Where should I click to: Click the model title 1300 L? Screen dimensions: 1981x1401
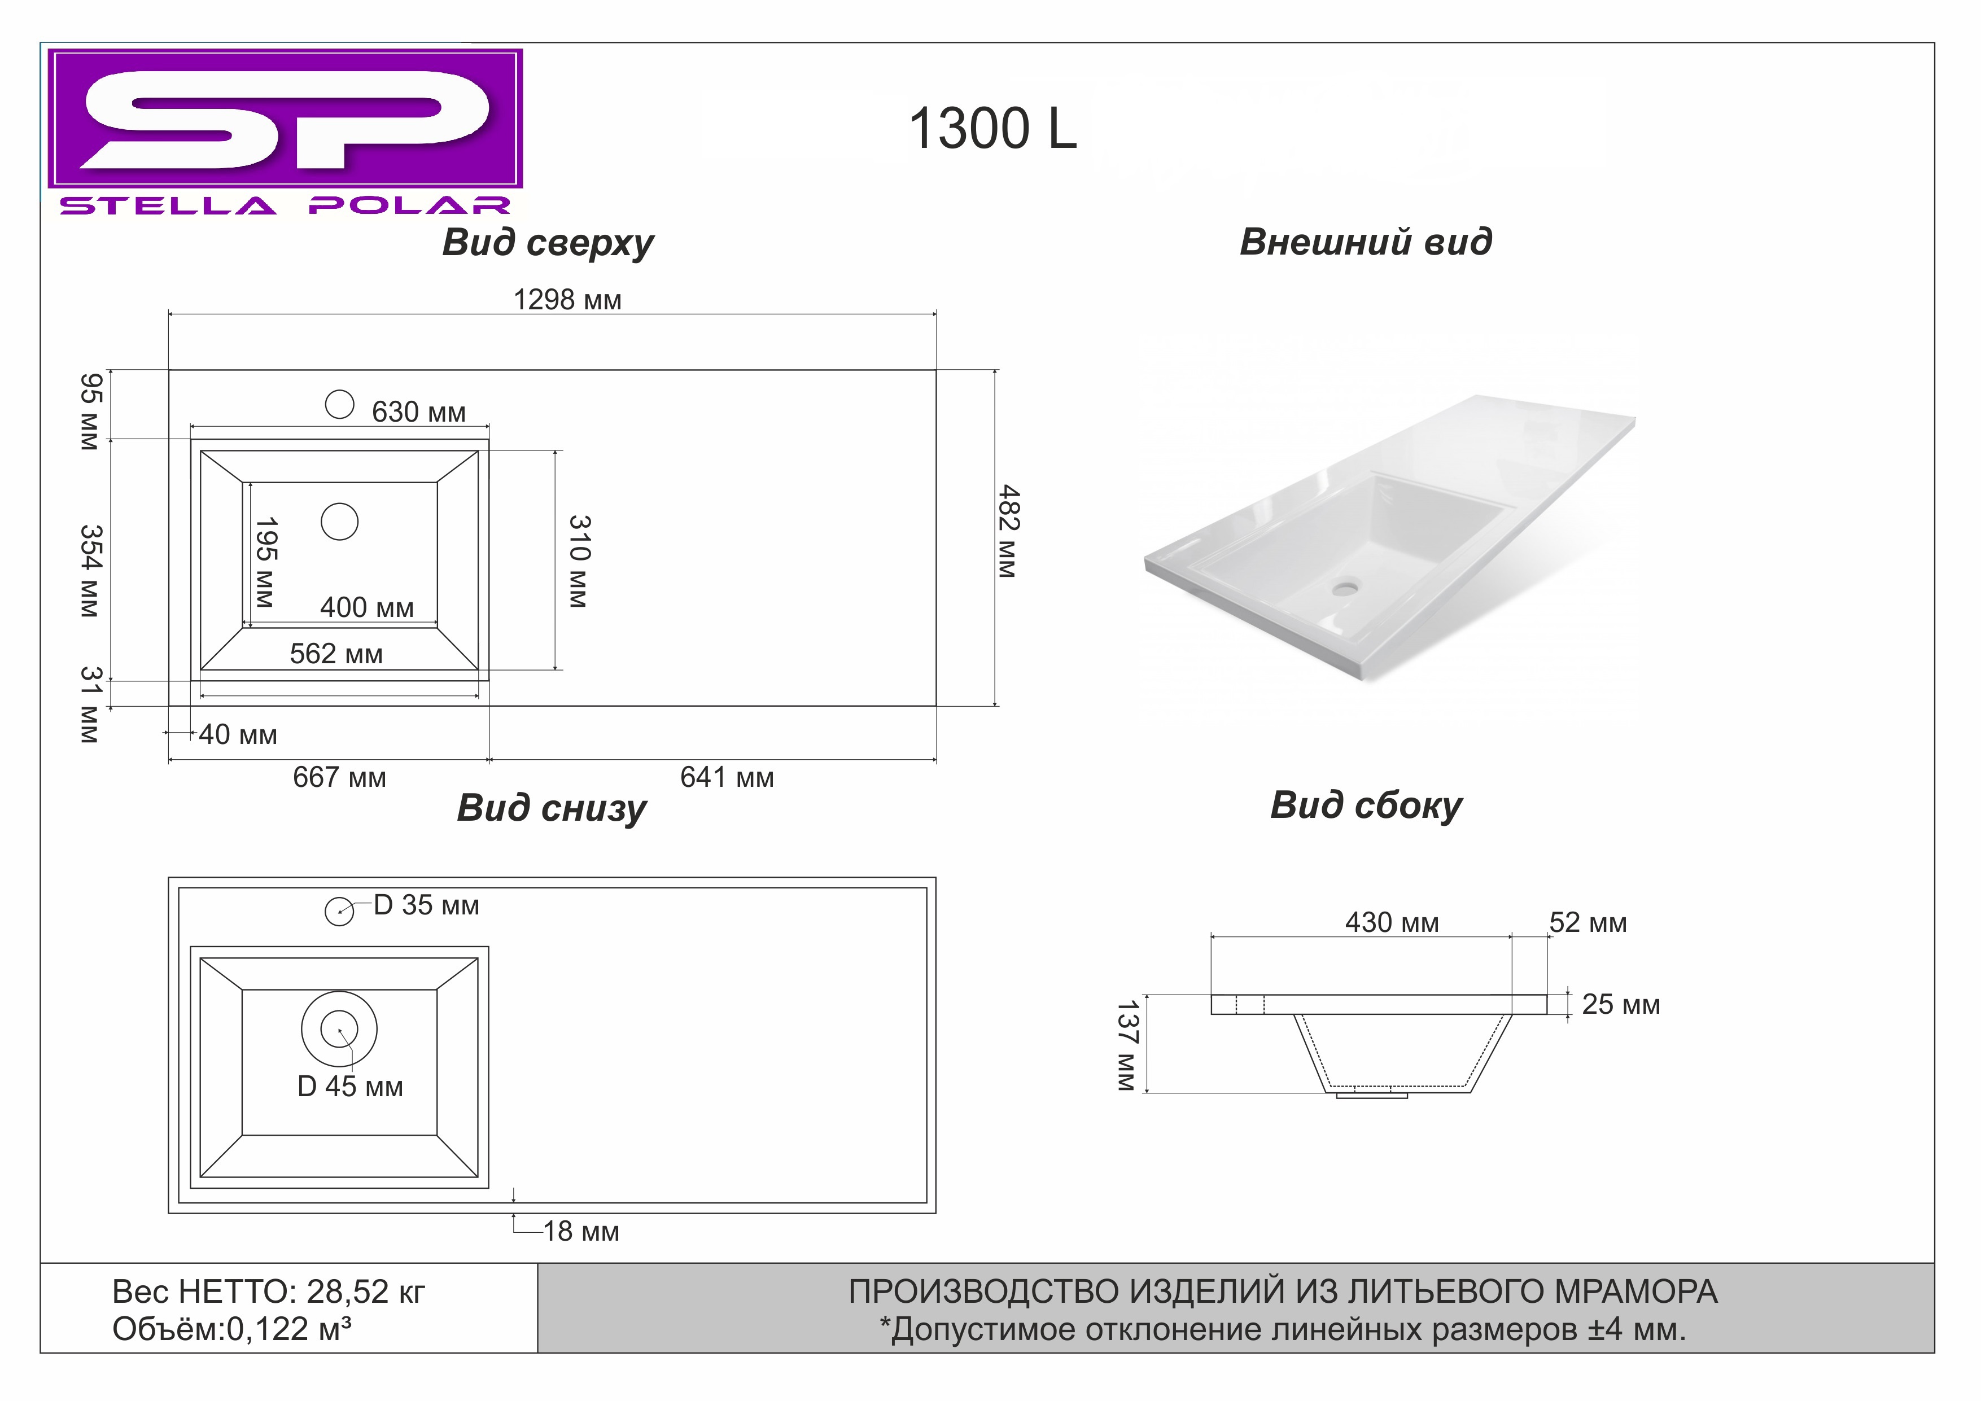[x=993, y=129]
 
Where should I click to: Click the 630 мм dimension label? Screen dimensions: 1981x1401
[x=418, y=413]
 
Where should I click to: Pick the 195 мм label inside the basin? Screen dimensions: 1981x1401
[x=266, y=562]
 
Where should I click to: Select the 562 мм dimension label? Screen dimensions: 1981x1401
[x=336, y=654]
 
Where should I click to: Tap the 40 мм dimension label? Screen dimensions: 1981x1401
[x=238, y=735]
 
